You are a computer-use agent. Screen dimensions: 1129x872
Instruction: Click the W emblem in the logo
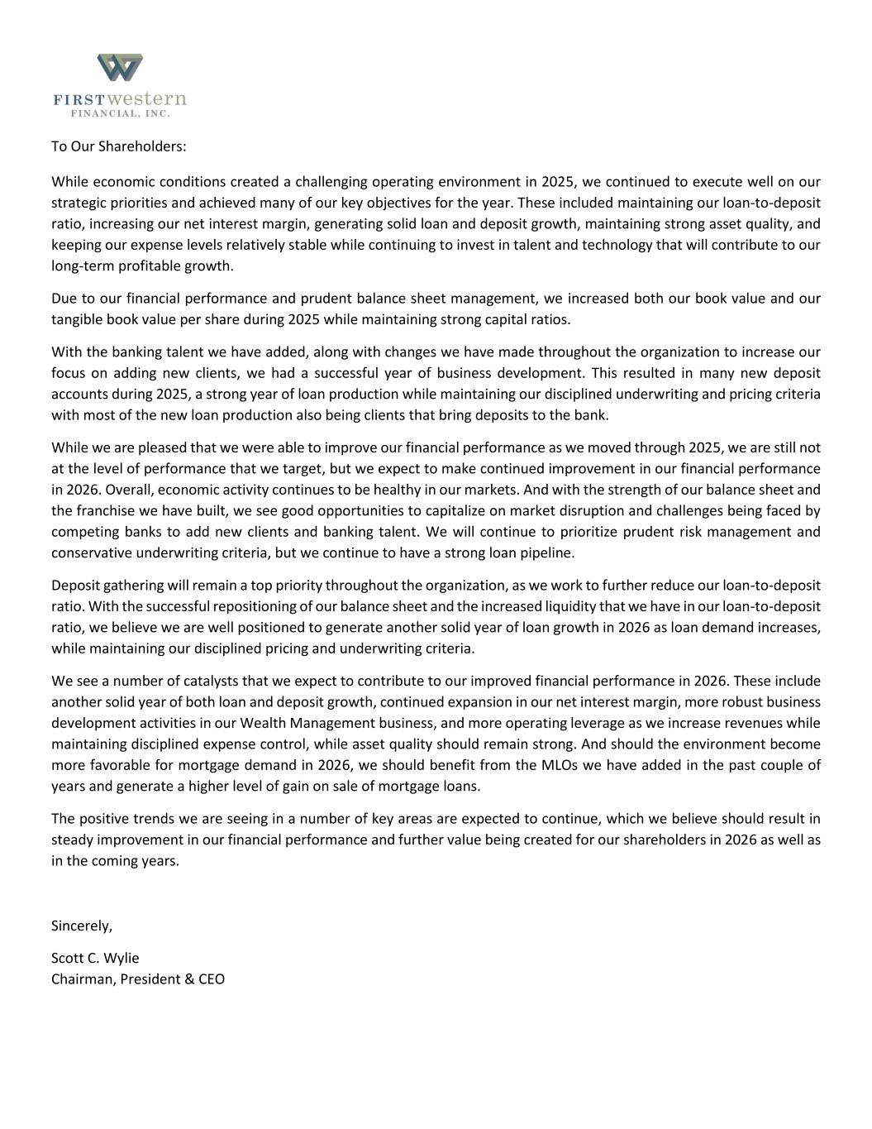(120, 68)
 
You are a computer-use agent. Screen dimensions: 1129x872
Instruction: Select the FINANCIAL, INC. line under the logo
(120, 113)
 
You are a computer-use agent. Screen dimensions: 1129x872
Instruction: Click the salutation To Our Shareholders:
(119, 146)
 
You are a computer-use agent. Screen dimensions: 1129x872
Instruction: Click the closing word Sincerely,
(82, 926)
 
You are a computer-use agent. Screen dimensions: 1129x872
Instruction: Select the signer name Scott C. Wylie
(95, 958)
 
